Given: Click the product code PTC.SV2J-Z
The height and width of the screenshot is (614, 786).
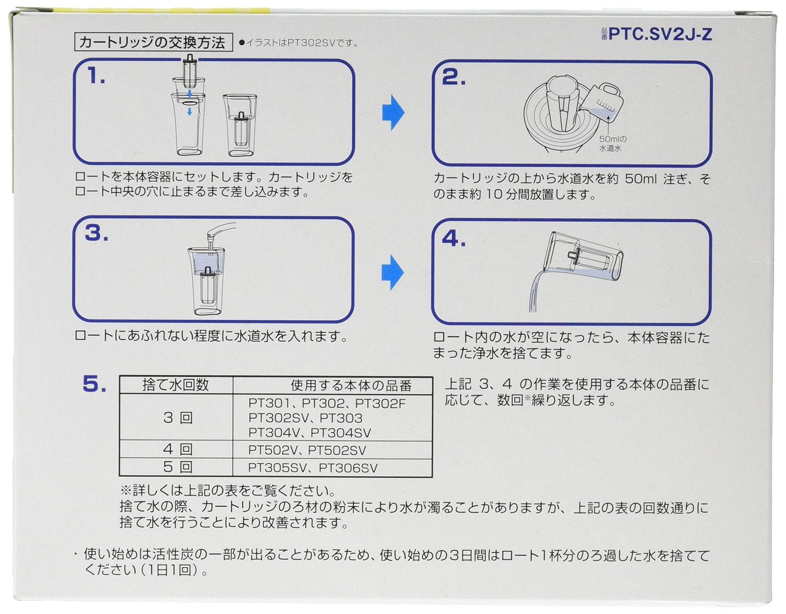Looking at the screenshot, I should pos(660,34).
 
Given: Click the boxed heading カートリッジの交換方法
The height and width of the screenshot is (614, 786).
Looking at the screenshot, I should pos(152,42).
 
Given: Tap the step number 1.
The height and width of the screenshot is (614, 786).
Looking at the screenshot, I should pos(96,76).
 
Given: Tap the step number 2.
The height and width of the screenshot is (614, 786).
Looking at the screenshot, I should pos(453,78).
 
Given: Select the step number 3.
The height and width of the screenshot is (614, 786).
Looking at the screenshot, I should pos(96,233).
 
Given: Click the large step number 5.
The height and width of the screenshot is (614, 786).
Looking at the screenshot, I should pos(94,384).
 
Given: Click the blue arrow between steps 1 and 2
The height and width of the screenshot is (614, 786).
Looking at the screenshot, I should pos(393,113).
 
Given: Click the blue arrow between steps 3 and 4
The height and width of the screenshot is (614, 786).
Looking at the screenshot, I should pos(393,272).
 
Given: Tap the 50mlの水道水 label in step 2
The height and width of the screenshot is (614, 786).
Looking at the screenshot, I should pos(612,143).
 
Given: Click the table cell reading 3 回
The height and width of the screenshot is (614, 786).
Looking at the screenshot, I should pos(177,418).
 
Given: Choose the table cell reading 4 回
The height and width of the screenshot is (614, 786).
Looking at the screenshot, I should pos(177,449).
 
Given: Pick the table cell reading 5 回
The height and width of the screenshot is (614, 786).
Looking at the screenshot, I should pos(177,467).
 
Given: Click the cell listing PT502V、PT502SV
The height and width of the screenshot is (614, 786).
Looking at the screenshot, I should pos(307,450).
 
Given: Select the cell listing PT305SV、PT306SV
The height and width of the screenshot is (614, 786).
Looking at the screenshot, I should pos(312,468).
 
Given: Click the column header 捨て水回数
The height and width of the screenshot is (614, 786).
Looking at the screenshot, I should pos(175,385).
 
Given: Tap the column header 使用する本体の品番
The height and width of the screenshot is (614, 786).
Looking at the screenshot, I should pos(351,385).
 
